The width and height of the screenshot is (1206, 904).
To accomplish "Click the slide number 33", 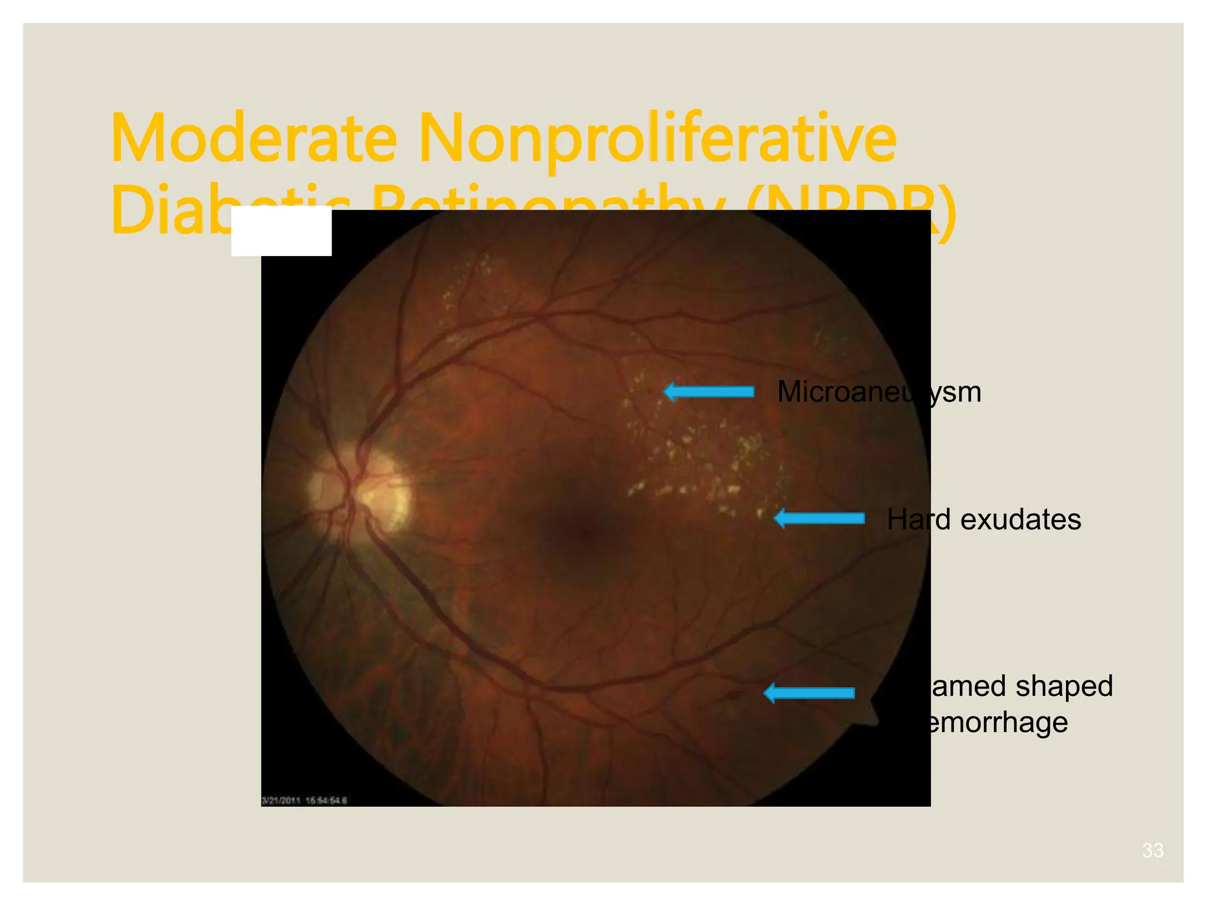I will click(1152, 850).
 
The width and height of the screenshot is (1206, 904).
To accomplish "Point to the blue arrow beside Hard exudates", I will click(819, 519).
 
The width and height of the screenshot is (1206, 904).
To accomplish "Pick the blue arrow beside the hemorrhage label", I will click(809, 693).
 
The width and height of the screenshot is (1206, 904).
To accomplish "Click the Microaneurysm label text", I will click(879, 391).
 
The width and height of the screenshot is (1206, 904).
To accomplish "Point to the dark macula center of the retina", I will click(583, 533).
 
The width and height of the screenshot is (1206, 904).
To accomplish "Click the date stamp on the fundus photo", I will click(281, 800).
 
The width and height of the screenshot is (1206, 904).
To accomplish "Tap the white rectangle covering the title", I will click(281, 231).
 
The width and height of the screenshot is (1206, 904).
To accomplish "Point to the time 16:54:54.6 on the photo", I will click(326, 800).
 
